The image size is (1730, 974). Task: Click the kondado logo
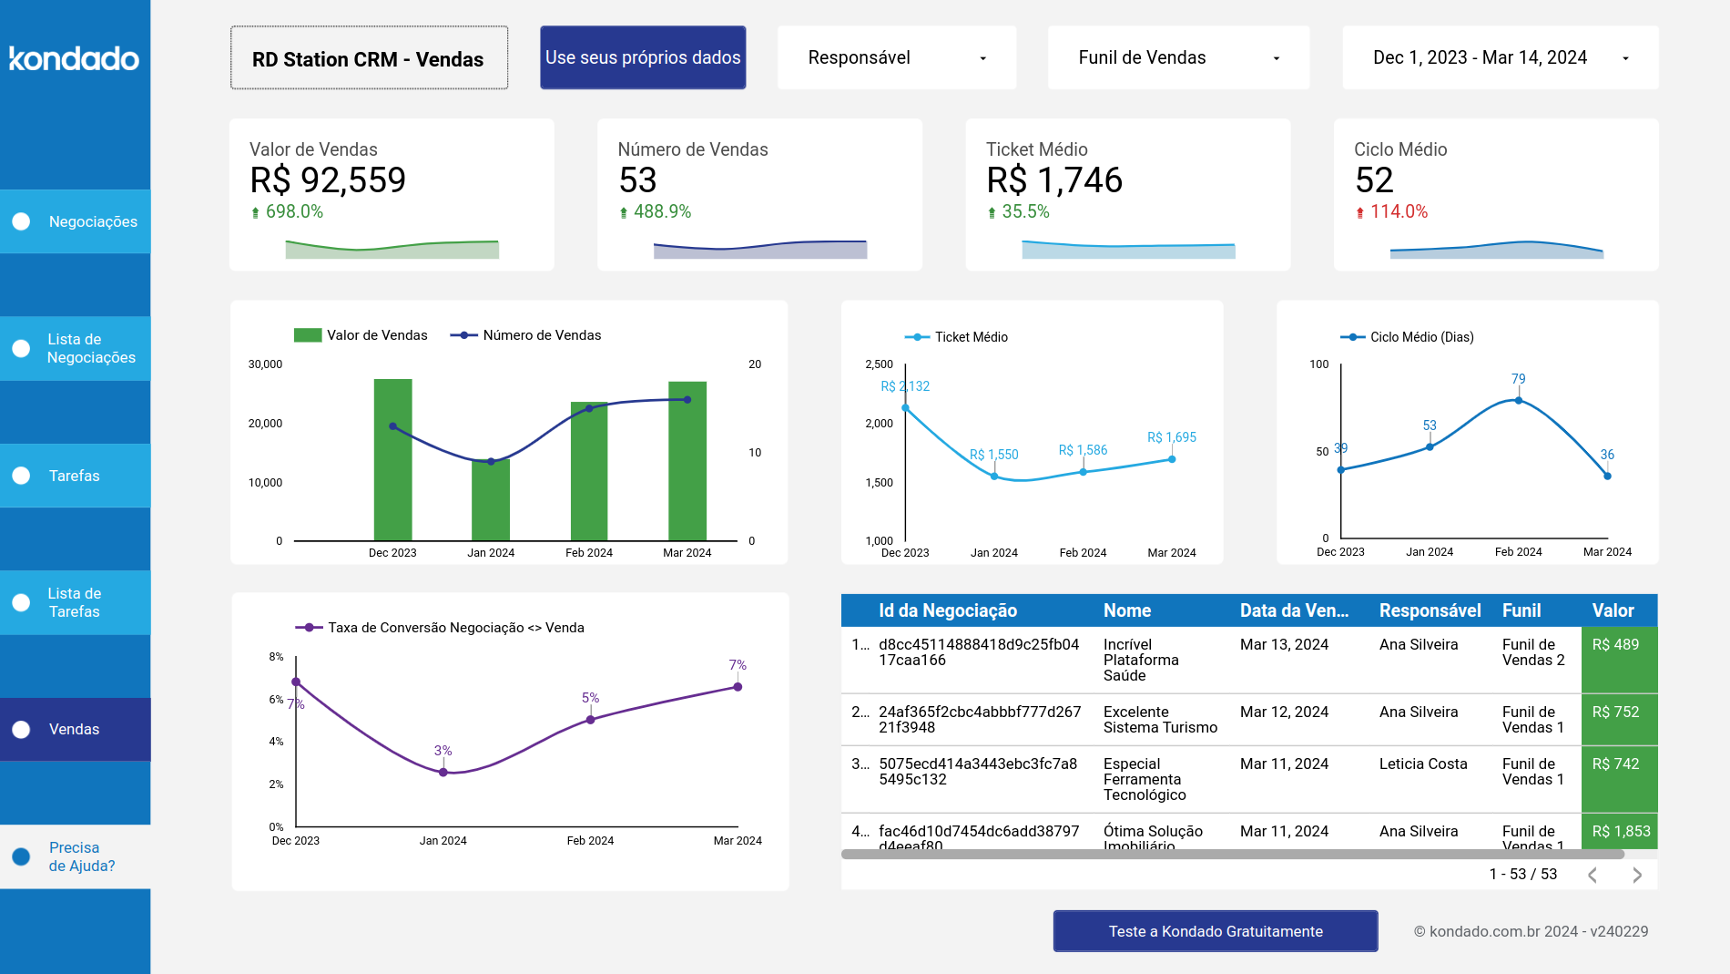point(74,59)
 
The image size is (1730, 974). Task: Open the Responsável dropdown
point(896,57)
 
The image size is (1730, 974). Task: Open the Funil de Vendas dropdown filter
point(1177,57)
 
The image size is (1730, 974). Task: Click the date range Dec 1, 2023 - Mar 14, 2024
point(1499,57)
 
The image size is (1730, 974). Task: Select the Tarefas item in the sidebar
point(75,476)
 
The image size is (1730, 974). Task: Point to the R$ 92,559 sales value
point(328,180)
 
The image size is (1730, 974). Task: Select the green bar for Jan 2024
point(491,500)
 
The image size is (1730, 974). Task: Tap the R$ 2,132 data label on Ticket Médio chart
point(905,386)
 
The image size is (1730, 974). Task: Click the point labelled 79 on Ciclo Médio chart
point(1518,400)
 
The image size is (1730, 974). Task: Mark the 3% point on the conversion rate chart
point(443,772)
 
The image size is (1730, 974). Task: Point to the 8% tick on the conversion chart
point(276,657)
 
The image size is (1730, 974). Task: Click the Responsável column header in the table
point(1430,610)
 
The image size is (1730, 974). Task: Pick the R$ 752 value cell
point(1618,713)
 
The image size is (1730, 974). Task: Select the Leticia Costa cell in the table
point(1422,764)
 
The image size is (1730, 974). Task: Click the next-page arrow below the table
point(1636,875)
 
